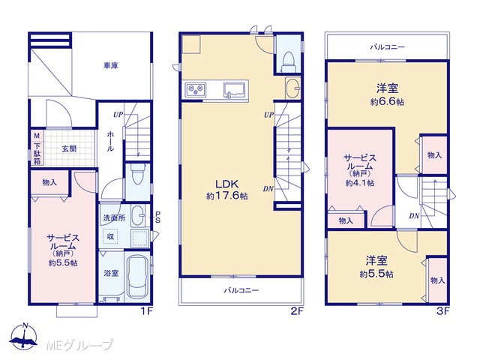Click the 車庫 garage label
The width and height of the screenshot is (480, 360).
(110, 65)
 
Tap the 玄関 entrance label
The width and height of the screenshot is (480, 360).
(69, 148)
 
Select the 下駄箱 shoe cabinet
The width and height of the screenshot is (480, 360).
(37, 148)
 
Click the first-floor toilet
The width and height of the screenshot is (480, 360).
(136, 174)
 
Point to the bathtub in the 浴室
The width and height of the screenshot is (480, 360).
(137, 277)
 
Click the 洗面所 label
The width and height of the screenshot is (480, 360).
(114, 218)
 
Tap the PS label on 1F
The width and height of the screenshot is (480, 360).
(157, 217)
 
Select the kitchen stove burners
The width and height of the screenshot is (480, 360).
(196, 89)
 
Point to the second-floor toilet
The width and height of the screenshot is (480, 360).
(288, 62)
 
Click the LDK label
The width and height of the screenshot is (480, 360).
(226, 184)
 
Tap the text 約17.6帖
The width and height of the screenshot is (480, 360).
(226, 196)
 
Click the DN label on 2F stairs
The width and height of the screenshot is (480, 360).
(268, 189)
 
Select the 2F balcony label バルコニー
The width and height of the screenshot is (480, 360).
(241, 290)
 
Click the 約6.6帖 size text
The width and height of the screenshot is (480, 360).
(387, 102)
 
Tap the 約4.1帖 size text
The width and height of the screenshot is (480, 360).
(360, 183)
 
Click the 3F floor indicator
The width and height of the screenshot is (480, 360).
(442, 311)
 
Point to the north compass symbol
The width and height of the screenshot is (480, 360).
(23, 337)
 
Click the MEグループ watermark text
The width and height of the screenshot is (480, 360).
(79, 346)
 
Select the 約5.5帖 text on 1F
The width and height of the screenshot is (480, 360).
(63, 263)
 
